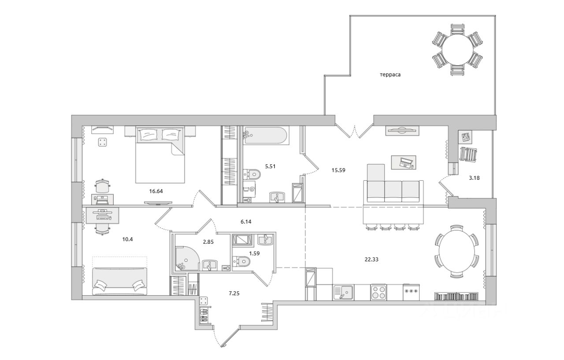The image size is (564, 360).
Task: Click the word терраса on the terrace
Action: [390, 75]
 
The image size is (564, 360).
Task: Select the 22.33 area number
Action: [371, 259]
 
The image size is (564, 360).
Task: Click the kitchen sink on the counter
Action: [344, 292]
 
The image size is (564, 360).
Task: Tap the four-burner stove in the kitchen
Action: [378, 292]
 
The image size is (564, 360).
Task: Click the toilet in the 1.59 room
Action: [241, 262]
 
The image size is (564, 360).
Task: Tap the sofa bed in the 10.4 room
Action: [120, 281]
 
